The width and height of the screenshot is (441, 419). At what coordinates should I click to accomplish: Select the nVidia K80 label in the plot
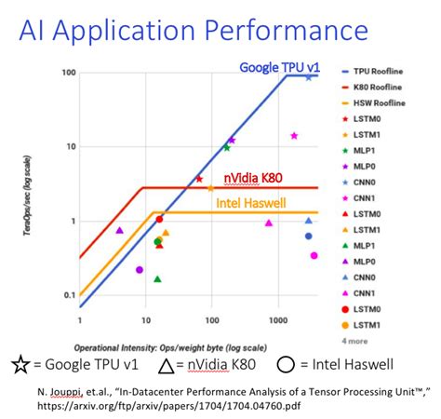click(254, 177)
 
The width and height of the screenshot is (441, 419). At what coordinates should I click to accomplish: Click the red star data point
click(198, 179)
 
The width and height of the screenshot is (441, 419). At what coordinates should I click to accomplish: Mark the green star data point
click(226, 147)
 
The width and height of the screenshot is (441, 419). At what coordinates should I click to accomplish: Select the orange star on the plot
click(210, 188)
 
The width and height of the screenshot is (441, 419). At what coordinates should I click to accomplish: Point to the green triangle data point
click(157, 278)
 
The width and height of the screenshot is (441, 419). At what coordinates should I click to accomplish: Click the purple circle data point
click(140, 270)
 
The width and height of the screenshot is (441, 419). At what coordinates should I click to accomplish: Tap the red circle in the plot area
click(159, 220)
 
